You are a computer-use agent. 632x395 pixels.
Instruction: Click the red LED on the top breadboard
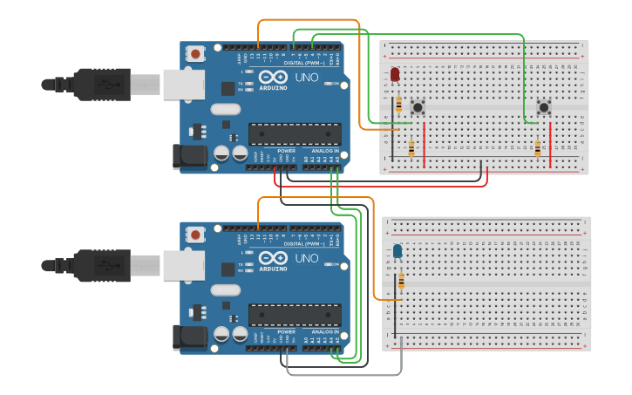(395, 76)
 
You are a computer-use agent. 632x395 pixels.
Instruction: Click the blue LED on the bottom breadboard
(398, 252)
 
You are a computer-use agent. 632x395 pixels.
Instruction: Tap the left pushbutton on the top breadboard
(418, 107)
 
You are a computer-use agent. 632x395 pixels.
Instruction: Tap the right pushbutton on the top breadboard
(544, 107)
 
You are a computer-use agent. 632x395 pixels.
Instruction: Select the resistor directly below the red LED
(399, 105)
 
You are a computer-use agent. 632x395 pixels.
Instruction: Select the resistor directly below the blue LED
(401, 281)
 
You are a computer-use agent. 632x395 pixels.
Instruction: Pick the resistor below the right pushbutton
(537, 148)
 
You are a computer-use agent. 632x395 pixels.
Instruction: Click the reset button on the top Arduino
(195, 54)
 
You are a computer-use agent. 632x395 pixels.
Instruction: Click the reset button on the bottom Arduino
(195, 234)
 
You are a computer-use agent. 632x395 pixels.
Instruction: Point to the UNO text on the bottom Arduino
(307, 258)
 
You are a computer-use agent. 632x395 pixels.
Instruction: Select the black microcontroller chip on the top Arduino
(294, 133)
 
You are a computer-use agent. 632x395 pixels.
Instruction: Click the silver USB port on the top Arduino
(183, 84)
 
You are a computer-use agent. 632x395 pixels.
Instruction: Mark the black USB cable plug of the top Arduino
(101, 84)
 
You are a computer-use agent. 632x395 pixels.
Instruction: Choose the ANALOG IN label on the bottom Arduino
(325, 331)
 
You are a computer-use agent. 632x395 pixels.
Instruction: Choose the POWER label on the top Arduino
(286, 151)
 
